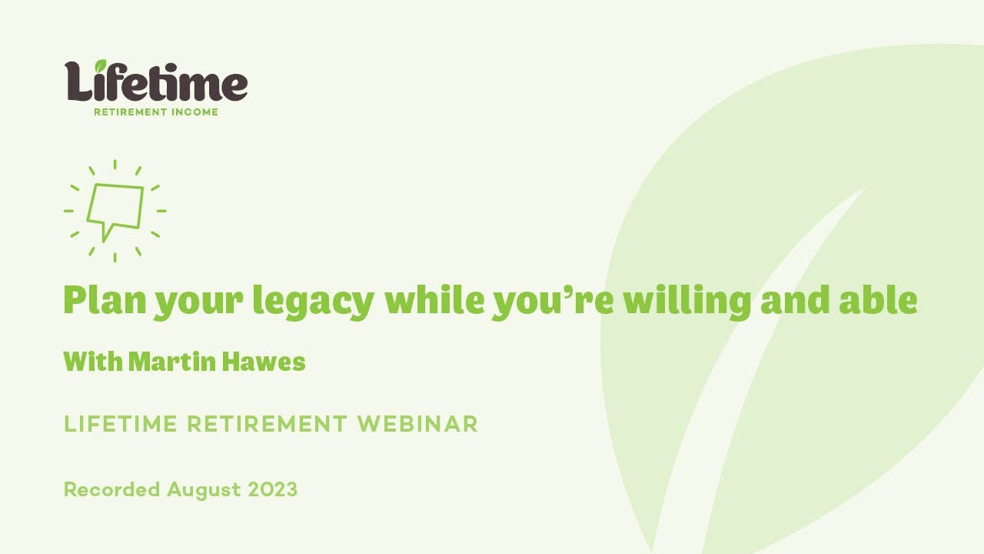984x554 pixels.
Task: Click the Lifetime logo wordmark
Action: click(156, 82)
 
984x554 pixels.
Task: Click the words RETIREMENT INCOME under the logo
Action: click(156, 112)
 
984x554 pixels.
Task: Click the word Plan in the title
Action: click(105, 300)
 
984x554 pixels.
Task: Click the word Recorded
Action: click(112, 489)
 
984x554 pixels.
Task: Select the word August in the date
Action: click(204, 490)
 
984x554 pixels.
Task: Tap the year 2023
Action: click(272, 489)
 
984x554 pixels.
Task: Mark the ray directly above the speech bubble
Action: click(115, 164)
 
